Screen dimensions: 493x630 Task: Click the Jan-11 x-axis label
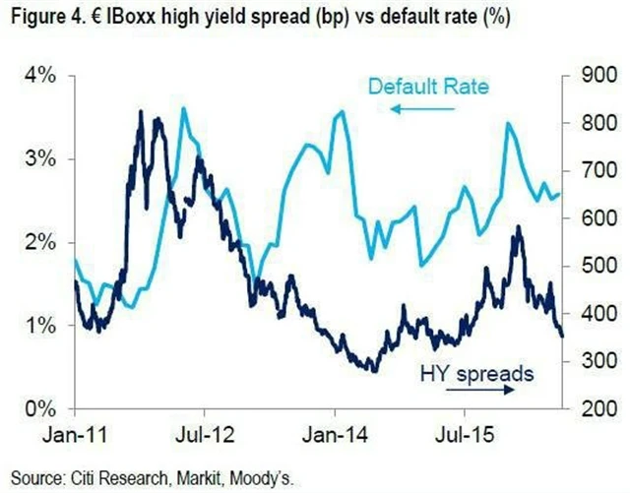pyautogui.click(x=77, y=433)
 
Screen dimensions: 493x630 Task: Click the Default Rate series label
pyautogui.click(x=429, y=88)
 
